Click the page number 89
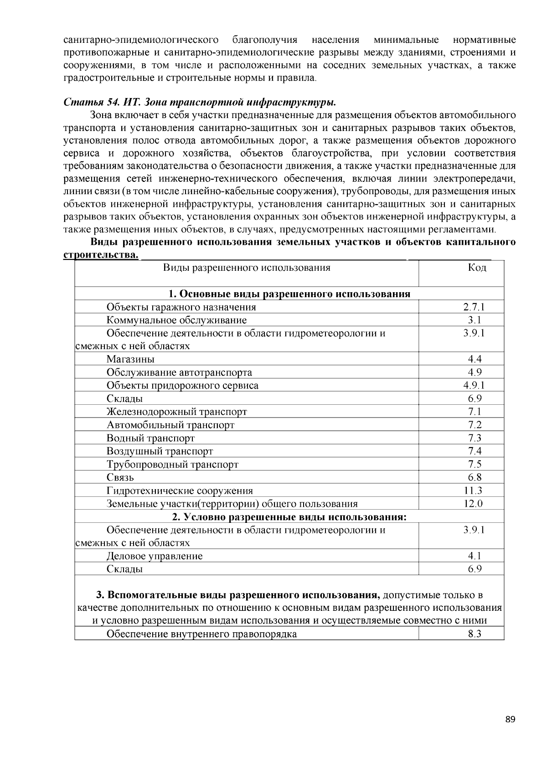[x=510, y=720]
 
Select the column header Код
[x=477, y=268]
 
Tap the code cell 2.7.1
[x=474, y=307]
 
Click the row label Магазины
[x=130, y=359]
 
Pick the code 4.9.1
[x=474, y=386]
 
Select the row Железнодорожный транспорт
[x=176, y=412]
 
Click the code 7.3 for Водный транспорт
[x=475, y=438]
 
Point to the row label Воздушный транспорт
[x=160, y=451]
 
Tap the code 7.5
[x=475, y=464]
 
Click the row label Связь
[x=120, y=478]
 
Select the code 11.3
[x=473, y=490]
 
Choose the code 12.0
[x=473, y=504]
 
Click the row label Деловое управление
[x=155, y=556]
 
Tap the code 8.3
[x=475, y=634]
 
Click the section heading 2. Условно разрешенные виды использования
[x=289, y=517]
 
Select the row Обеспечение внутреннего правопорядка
[x=201, y=634]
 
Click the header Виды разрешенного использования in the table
[x=247, y=268]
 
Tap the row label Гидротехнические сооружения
[x=180, y=491]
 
